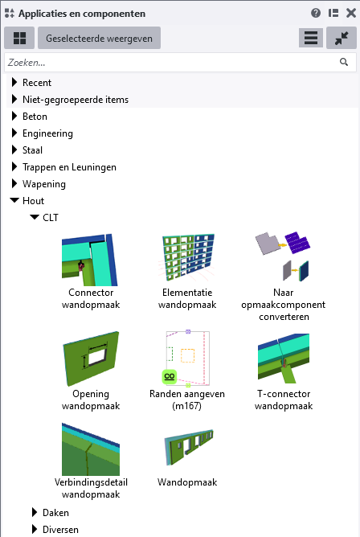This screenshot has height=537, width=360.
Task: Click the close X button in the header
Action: (x=351, y=13)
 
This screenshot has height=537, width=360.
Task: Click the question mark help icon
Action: (x=316, y=13)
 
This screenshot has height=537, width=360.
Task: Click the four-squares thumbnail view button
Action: (x=19, y=38)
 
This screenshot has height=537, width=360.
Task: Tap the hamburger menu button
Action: (x=311, y=38)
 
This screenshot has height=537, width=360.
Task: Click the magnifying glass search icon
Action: (x=344, y=62)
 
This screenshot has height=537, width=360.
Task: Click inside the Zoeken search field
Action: (x=171, y=63)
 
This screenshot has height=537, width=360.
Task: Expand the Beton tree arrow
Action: (x=14, y=116)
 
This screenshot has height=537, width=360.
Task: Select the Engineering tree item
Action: (x=47, y=133)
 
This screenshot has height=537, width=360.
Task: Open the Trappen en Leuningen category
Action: (x=69, y=166)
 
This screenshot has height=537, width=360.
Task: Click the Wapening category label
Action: (x=44, y=184)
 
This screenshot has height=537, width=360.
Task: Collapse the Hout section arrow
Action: (x=14, y=200)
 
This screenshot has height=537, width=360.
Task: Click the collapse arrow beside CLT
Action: (x=35, y=217)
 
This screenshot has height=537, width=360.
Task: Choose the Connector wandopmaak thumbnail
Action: (x=90, y=260)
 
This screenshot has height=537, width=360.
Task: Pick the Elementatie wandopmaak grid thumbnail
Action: (x=187, y=256)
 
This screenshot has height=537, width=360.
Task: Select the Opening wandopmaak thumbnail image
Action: (x=91, y=359)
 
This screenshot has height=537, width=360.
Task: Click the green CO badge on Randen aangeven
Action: (x=170, y=376)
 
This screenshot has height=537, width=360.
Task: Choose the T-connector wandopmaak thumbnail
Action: (x=284, y=359)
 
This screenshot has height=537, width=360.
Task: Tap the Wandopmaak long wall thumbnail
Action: (x=189, y=447)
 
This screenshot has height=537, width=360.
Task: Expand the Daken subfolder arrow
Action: (x=35, y=512)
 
